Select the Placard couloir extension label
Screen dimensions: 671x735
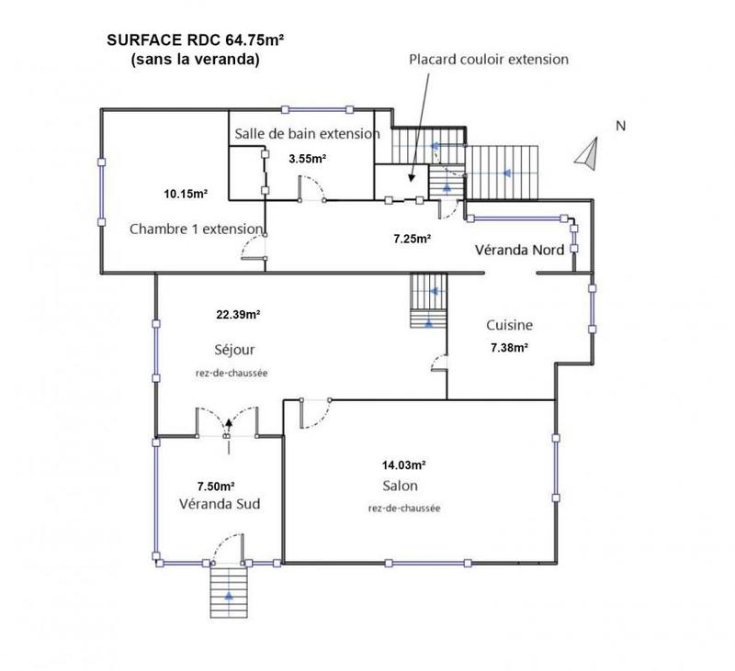(489, 60)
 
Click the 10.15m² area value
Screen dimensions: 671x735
(186, 194)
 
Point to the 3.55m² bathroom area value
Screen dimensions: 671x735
(308, 159)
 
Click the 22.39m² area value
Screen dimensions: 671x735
(237, 314)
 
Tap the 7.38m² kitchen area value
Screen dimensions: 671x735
(509, 347)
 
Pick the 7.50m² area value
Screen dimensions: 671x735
(216, 486)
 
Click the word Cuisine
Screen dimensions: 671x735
(509, 325)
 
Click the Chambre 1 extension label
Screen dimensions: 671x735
(197, 228)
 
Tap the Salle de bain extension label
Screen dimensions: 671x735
(307, 134)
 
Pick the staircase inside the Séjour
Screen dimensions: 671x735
(428, 300)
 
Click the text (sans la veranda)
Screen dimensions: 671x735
(194, 62)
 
